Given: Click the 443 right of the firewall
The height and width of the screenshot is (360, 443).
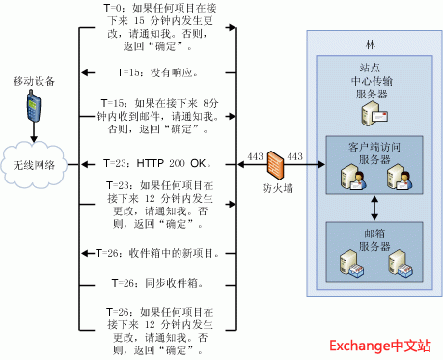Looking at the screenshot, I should pyautogui.click(x=295, y=155).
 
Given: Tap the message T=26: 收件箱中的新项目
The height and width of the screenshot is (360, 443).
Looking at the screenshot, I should pyautogui.click(x=159, y=254).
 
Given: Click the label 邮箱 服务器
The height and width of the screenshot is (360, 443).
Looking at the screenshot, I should pyautogui.click(x=373, y=236).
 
